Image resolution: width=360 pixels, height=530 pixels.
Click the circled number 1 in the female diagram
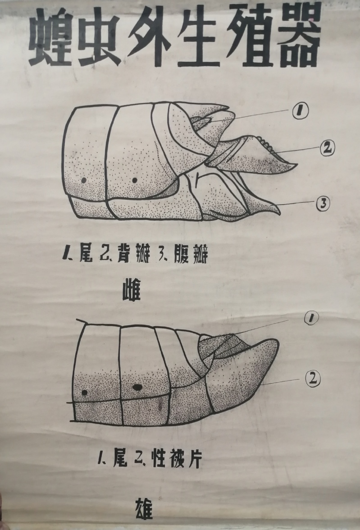[300, 110]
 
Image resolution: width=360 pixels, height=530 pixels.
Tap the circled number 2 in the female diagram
[327, 148]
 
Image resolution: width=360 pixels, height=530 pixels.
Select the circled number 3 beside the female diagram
[323, 203]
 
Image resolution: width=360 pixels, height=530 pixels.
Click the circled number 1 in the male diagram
[311, 317]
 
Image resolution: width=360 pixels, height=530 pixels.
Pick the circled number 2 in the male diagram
[313, 379]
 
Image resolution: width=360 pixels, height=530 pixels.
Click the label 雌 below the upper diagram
[131, 291]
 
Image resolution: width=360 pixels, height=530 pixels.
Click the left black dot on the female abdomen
[83, 180]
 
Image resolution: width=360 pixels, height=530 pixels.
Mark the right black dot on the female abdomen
[135, 180]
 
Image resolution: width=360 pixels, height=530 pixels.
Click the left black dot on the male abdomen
[85, 393]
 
